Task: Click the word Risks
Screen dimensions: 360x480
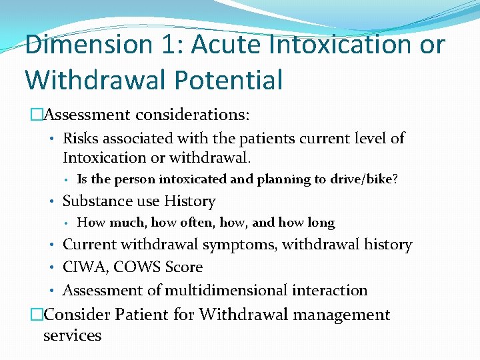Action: click(x=79, y=139)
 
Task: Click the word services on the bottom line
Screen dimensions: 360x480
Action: click(x=72, y=335)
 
